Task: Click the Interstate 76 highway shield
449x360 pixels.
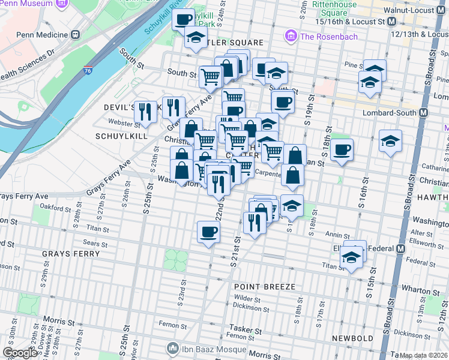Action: point(88,55)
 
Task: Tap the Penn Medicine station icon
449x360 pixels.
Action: point(76,34)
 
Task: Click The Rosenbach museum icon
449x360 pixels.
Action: point(291,37)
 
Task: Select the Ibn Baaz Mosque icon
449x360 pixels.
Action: point(173,348)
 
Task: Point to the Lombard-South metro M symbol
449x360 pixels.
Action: point(424,112)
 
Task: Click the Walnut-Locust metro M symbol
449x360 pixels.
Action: point(391,21)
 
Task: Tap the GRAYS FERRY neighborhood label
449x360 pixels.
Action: point(66,254)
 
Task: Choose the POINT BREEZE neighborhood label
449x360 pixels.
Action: point(265,287)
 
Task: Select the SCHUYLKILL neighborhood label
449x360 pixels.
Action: point(121,136)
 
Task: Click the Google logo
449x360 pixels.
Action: point(20,353)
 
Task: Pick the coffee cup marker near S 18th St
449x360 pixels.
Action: point(342,149)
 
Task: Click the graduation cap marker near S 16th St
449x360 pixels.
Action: point(390,142)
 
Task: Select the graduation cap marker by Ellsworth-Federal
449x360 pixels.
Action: point(350,259)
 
